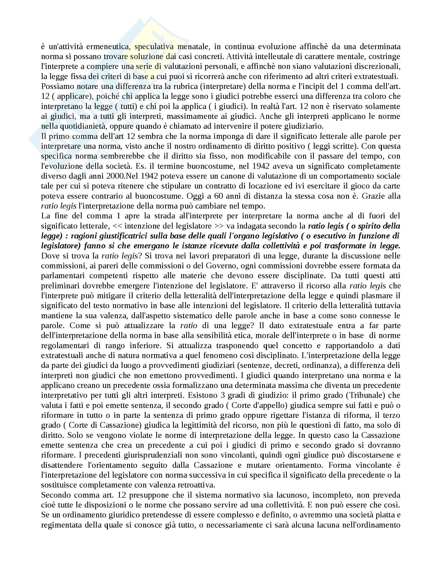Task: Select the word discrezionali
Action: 378,67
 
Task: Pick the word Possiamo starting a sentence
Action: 56,86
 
